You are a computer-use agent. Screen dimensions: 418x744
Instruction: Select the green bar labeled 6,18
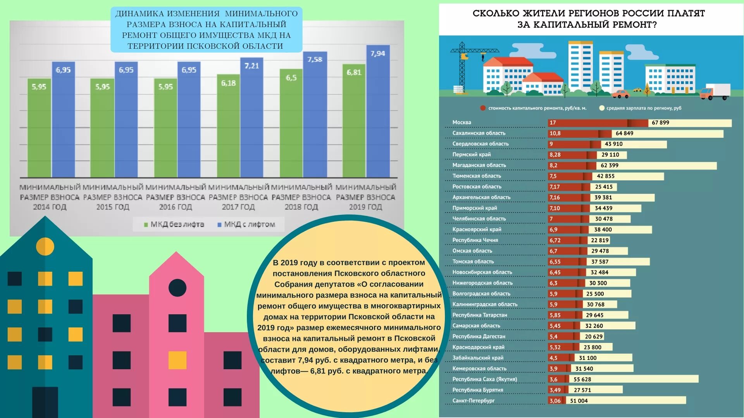tap(228, 128)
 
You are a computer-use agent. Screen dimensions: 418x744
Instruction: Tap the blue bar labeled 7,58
tap(315, 116)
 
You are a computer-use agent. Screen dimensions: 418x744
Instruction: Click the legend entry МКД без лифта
tap(174, 224)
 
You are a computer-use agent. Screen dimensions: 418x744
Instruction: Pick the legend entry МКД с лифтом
tap(246, 224)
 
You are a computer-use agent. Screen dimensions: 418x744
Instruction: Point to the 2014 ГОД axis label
tap(50, 207)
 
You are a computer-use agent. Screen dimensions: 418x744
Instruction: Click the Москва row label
tap(462, 122)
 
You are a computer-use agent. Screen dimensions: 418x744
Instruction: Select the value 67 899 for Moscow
tap(660, 123)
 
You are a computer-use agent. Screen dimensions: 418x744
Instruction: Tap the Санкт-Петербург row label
tap(474, 401)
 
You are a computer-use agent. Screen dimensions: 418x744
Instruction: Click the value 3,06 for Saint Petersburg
tap(555, 401)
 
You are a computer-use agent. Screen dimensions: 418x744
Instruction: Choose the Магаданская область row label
tap(479, 165)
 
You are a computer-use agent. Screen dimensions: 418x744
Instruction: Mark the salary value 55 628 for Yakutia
tap(582, 379)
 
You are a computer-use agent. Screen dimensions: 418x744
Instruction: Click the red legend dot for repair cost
tap(483, 108)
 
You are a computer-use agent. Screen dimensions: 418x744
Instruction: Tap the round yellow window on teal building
tap(45, 246)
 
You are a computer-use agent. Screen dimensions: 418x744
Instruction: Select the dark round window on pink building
tap(177, 288)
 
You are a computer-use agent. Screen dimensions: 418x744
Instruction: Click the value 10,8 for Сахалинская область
tap(555, 134)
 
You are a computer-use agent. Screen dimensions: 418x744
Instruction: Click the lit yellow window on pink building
tap(177, 360)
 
